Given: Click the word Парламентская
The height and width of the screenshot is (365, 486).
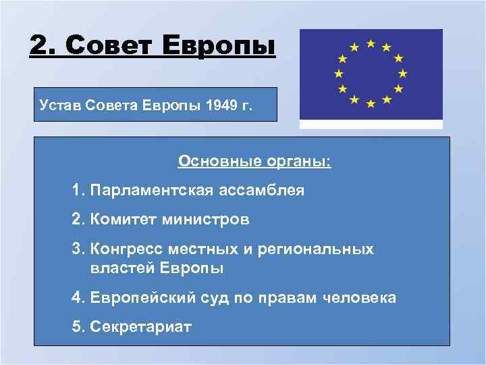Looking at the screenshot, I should pos(152,191).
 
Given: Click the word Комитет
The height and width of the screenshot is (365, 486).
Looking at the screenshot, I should pos(124,220).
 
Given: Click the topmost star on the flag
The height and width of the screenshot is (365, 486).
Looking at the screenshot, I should pos(371,43).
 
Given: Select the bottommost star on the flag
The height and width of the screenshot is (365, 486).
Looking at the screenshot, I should pos(371,103).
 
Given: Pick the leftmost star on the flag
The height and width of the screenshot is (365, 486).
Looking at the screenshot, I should pos(339,73).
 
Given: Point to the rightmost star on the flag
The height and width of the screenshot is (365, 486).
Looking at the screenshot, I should pos(403,73).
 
